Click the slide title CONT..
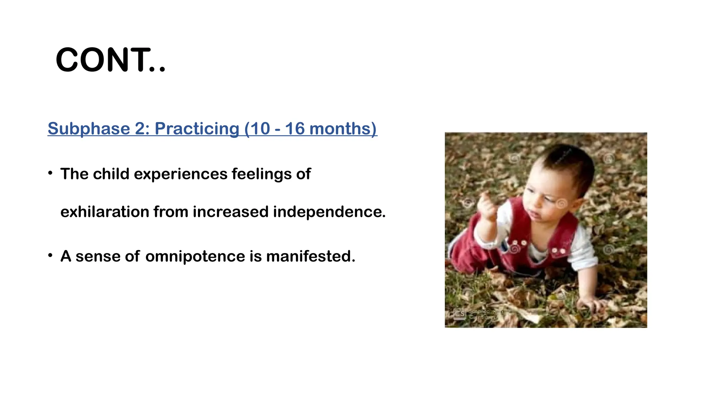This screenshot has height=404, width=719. [x=110, y=60]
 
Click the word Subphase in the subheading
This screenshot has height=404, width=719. [x=89, y=129]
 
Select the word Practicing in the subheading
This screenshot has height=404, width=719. [x=197, y=129]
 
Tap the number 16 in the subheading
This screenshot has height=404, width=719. [x=295, y=129]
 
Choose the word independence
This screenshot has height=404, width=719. [x=329, y=212]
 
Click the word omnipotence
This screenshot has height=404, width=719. [x=195, y=257]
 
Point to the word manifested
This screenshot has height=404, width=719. [x=311, y=256]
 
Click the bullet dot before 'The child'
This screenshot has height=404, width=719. [x=51, y=173]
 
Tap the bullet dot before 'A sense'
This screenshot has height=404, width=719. [x=51, y=256]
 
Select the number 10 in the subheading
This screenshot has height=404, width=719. [x=260, y=129]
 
